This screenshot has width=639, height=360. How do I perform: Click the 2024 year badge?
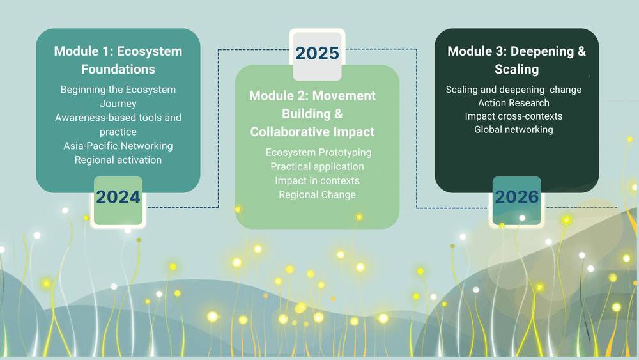(118, 201)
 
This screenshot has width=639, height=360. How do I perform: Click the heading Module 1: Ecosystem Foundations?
(118, 60)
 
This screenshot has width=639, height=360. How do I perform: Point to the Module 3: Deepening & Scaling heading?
(517, 60)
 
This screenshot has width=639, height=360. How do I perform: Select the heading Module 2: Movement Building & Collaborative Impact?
(312, 114)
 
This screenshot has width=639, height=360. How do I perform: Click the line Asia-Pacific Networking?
(118, 146)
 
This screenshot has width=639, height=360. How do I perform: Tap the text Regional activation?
(118, 160)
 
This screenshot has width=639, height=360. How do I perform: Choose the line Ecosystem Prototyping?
(319, 152)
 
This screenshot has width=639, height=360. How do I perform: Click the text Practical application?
(318, 166)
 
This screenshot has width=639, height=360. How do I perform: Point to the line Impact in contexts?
(318, 180)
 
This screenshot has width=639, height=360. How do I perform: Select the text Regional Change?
(318, 195)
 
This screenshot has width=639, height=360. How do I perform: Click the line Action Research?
(514, 103)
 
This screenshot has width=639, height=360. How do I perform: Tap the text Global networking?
(514, 130)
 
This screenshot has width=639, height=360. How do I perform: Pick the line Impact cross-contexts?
(514, 116)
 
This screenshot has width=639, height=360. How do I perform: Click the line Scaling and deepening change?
(514, 90)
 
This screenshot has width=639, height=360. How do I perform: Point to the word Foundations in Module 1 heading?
(118, 69)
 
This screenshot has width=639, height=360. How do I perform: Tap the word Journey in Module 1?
(118, 104)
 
